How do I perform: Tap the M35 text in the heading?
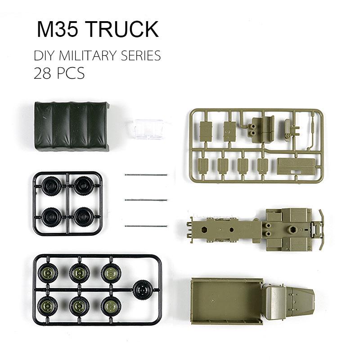click(58, 29)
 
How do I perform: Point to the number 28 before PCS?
click(42, 73)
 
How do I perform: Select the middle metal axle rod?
click(146, 200)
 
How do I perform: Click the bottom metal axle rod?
click(146, 225)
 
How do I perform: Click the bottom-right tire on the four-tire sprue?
click(84, 216)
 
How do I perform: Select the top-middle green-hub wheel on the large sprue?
click(79, 273)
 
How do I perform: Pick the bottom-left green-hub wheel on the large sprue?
click(48, 306)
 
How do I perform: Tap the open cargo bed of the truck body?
click(226, 300)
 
